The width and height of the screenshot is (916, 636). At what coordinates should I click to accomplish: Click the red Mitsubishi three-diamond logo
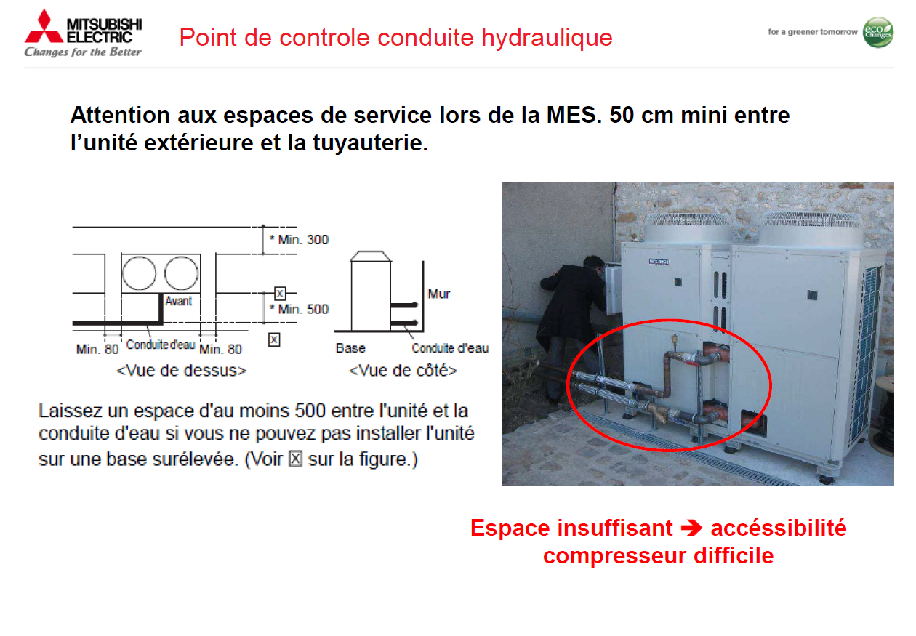[x=44, y=27]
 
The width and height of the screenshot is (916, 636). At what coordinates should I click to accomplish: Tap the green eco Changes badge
[x=878, y=32]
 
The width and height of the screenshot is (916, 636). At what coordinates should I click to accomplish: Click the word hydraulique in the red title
[x=547, y=37]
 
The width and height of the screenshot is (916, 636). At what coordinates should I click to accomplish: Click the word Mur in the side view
[x=439, y=294]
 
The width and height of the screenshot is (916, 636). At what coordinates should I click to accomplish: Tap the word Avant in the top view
[x=178, y=301]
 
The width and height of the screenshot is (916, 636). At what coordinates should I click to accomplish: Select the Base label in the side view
[x=350, y=348]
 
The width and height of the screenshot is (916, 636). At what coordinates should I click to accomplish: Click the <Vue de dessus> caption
[x=182, y=370]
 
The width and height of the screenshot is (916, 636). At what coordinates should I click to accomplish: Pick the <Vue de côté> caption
[x=403, y=370]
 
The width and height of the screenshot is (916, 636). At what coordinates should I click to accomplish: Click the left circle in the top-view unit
[x=140, y=273]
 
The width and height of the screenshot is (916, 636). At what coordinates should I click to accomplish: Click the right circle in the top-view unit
[x=182, y=273]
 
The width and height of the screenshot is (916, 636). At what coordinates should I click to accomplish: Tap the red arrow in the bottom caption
[x=691, y=528]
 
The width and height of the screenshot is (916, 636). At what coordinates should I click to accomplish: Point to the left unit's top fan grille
[x=688, y=228]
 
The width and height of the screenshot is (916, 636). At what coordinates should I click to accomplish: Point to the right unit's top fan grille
[x=812, y=228]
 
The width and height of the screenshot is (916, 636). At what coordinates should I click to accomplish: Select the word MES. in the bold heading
[x=574, y=116]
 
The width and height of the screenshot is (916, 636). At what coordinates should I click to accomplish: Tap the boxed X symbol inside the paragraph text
[x=295, y=459]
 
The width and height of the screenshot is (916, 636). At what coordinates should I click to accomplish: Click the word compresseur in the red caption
[x=614, y=556]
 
